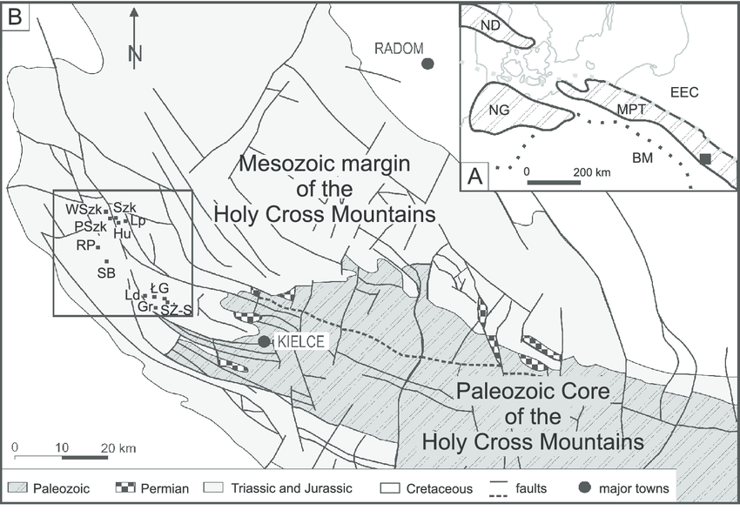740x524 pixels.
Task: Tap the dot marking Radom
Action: (427, 63)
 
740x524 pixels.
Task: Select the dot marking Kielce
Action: (265, 341)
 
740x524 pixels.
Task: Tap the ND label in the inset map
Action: (490, 25)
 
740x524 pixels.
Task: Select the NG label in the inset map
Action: (499, 109)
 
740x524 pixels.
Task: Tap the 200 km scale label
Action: (591, 172)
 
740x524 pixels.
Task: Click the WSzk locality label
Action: (83, 209)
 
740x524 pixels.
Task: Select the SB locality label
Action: (107, 273)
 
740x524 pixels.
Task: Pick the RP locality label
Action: (84, 246)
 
